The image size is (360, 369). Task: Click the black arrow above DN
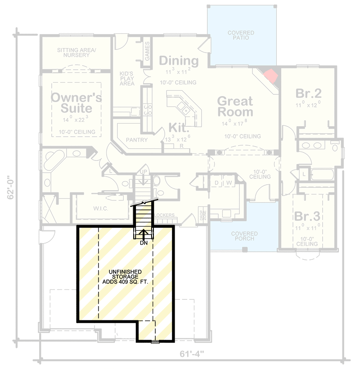pos(144,234)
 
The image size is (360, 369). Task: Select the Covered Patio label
pos(241,35)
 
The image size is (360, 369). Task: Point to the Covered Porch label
pos(244,236)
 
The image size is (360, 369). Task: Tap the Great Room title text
pos(235,106)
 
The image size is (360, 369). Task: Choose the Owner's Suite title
pos(76,102)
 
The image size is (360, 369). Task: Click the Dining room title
pos(179,61)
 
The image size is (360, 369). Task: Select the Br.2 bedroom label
pos(308,93)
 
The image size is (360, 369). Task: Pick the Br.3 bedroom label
pos(308,215)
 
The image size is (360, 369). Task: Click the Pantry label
pos(137,140)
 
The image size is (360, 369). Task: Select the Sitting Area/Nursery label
pos(76,53)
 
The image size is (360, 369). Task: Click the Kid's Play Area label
pos(127,78)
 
